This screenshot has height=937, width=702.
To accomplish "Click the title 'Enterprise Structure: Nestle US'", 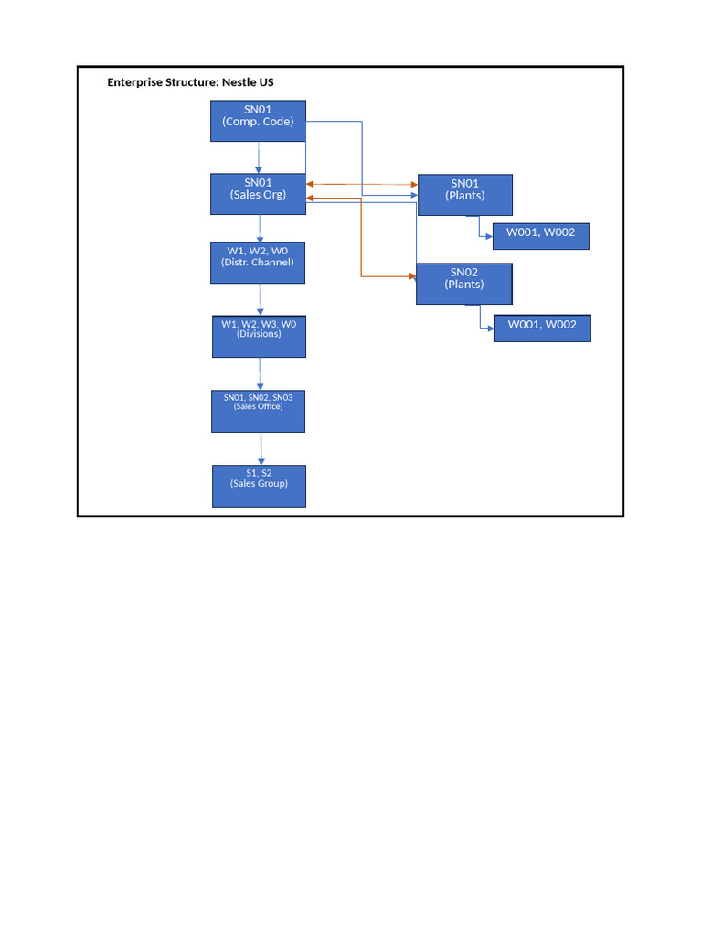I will click(190, 82).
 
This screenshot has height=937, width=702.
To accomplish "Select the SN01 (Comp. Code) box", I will click(258, 121).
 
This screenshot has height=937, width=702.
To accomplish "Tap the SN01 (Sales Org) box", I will click(258, 194).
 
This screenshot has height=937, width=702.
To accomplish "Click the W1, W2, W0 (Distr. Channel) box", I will click(258, 263).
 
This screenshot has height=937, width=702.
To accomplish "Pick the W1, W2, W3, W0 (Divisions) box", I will click(259, 336).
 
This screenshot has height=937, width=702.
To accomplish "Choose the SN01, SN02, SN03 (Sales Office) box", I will click(258, 411).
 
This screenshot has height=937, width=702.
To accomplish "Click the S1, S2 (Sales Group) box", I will click(259, 486).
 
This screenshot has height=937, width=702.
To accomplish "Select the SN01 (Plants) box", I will click(464, 195).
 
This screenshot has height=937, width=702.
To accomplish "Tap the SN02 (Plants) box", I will click(463, 284).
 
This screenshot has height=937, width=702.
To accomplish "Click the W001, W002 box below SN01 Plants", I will click(540, 236).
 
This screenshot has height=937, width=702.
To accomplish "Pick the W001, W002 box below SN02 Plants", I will click(542, 328).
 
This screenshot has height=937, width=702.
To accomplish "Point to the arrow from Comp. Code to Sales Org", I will click(259, 157).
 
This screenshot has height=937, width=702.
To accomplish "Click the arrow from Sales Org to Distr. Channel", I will click(260, 229).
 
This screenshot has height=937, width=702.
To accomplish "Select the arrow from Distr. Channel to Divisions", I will click(261, 300).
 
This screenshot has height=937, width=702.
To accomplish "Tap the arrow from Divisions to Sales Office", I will click(261, 373).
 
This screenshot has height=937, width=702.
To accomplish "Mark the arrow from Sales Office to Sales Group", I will click(261, 448).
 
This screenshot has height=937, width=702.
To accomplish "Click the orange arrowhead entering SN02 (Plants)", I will click(411, 275).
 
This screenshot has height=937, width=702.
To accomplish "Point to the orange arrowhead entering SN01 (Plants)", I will click(413, 185).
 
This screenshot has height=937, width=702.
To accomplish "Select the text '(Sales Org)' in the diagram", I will click(258, 195).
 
